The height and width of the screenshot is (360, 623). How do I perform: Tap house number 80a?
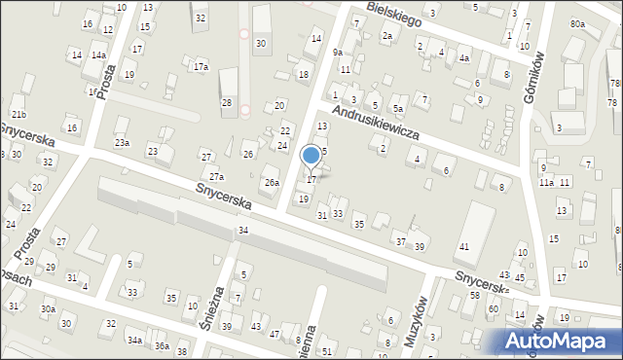pos(578,23)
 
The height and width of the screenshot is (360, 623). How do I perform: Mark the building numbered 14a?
pos(98,55)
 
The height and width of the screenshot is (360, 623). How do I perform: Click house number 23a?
pos(122,143)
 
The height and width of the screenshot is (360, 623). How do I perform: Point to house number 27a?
pos(216,177)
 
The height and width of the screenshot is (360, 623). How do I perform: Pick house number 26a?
pos(272,182)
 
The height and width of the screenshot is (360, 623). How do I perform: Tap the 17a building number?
pos(201,67)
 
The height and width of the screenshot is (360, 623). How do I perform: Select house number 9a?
pos(337,52)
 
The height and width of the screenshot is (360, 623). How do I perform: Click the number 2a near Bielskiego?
pos(386,36)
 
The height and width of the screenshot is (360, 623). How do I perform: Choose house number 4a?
pos(464,58)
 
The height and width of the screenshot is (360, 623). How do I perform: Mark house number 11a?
pos(546,182)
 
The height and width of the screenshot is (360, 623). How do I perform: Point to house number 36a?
pos(161,346)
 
